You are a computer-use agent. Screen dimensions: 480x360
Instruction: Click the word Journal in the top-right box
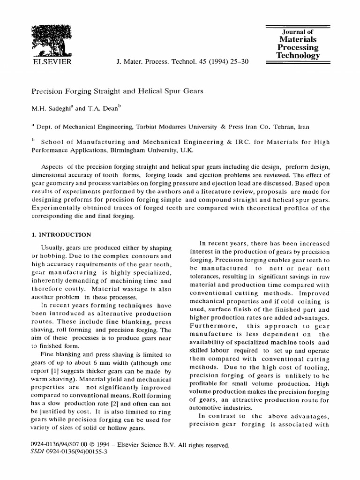coord(293,32)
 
